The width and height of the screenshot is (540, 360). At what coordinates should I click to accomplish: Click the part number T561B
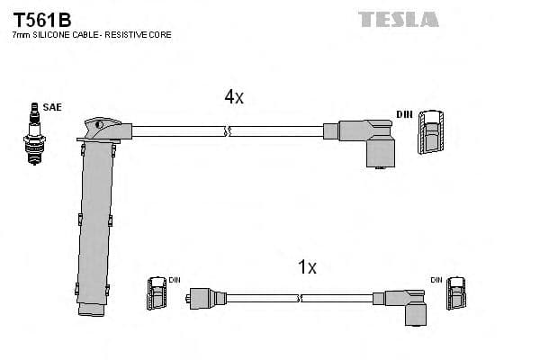[40, 17]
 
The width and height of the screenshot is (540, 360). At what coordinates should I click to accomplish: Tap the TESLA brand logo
[398, 18]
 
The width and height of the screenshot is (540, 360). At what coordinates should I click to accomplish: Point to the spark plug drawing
[35, 135]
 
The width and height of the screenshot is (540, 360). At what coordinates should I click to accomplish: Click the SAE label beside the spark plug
[53, 107]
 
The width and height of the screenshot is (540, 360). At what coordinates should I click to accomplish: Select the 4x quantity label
[233, 97]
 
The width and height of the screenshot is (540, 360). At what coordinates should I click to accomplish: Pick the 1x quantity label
[307, 267]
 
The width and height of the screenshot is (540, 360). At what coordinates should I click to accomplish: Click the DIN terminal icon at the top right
[431, 131]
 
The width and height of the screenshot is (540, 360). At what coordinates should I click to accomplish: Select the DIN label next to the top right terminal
[405, 115]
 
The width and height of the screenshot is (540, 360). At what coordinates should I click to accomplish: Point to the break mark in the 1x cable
[299, 297]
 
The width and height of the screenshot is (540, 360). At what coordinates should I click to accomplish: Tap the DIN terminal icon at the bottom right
[458, 294]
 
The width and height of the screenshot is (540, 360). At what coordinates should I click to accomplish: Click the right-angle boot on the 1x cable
[408, 303]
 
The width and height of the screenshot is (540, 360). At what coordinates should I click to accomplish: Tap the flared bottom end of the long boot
[94, 309]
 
